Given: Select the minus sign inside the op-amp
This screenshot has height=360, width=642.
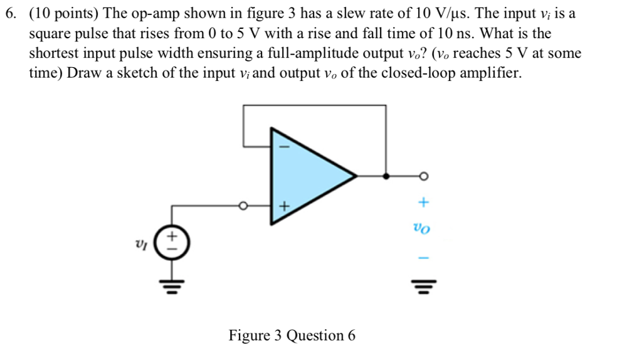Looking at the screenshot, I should tap(282, 147).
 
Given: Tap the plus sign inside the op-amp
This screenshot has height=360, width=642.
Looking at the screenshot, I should tap(283, 206).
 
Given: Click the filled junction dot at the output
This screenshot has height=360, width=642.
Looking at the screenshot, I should tap(386, 176).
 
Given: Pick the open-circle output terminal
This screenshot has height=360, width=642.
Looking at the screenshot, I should tap(424, 176).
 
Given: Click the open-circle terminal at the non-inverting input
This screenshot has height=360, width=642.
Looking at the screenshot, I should tap(245, 205).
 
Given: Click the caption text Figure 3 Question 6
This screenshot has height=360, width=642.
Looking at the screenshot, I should tap(292, 336).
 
